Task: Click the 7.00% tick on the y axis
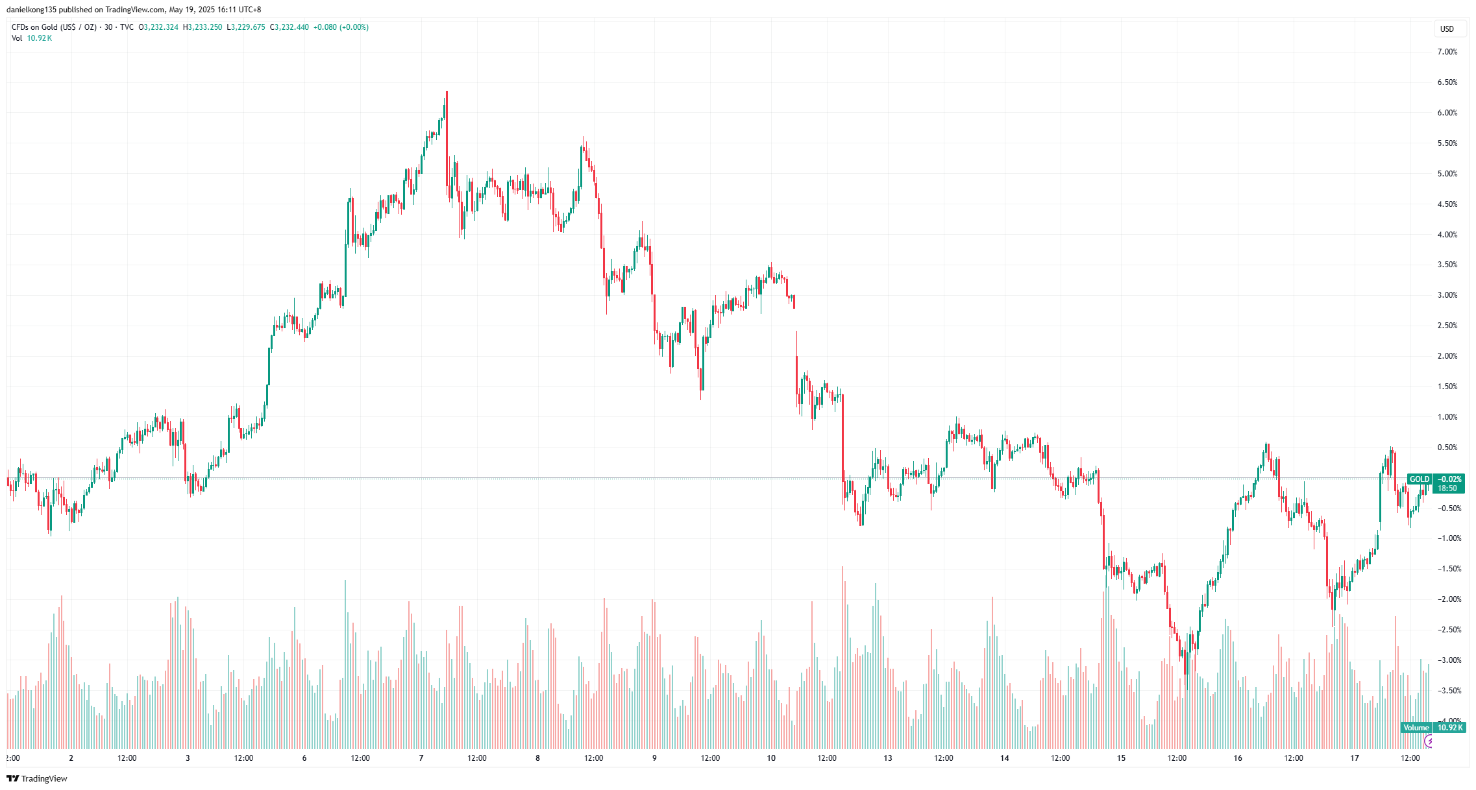pyautogui.click(x=1447, y=52)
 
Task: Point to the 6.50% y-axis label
pyautogui.click(x=1447, y=82)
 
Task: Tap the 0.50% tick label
pyautogui.click(x=1447, y=448)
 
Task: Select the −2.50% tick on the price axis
pyautogui.click(x=1447, y=630)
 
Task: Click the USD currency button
pyautogui.click(x=1447, y=29)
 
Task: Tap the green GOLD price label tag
pyautogui.click(x=1419, y=479)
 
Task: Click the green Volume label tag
pyautogui.click(x=1416, y=728)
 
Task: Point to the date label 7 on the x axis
pyautogui.click(x=421, y=758)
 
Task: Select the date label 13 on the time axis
pyautogui.click(x=888, y=758)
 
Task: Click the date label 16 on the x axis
pyautogui.click(x=1238, y=758)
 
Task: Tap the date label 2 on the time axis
pyautogui.click(x=71, y=758)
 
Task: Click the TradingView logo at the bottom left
pyautogui.click(x=37, y=778)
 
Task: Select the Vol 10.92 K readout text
pyautogui.click(x=32, y=38)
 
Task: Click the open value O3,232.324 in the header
pyautogui.click(x=158, y=27)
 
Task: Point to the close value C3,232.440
pyautogui.click(x=289, y=27)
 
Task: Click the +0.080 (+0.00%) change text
pyautogui.click(x=341, y=27)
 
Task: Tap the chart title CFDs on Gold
pyautogui.click(x=54, y=27)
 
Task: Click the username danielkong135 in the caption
pyautogui.click(x=32, y=10)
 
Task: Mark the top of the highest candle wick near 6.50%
pyautogui.click(x=447, y=91)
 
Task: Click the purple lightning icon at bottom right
pyautogui.click(x=1428, y=741)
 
